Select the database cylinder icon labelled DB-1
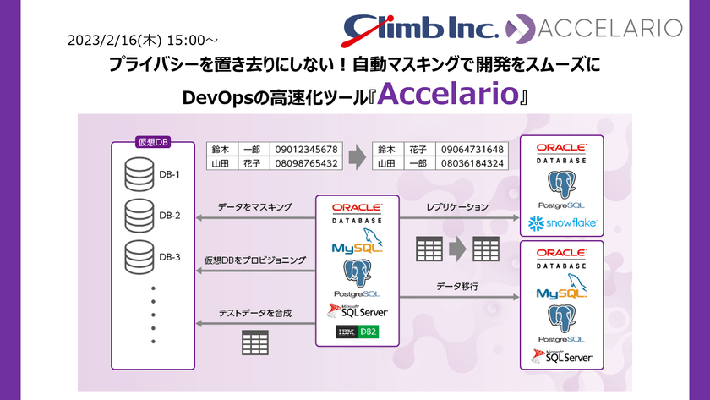[139, 174]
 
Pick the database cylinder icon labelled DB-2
[139, 216]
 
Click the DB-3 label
[170, 256]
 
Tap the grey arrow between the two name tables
[357, 156]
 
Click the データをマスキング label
[254, 206]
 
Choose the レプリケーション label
[456, 206]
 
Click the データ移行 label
[457, 287]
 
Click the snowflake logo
[563, 224]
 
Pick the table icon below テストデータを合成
[254, 343]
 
